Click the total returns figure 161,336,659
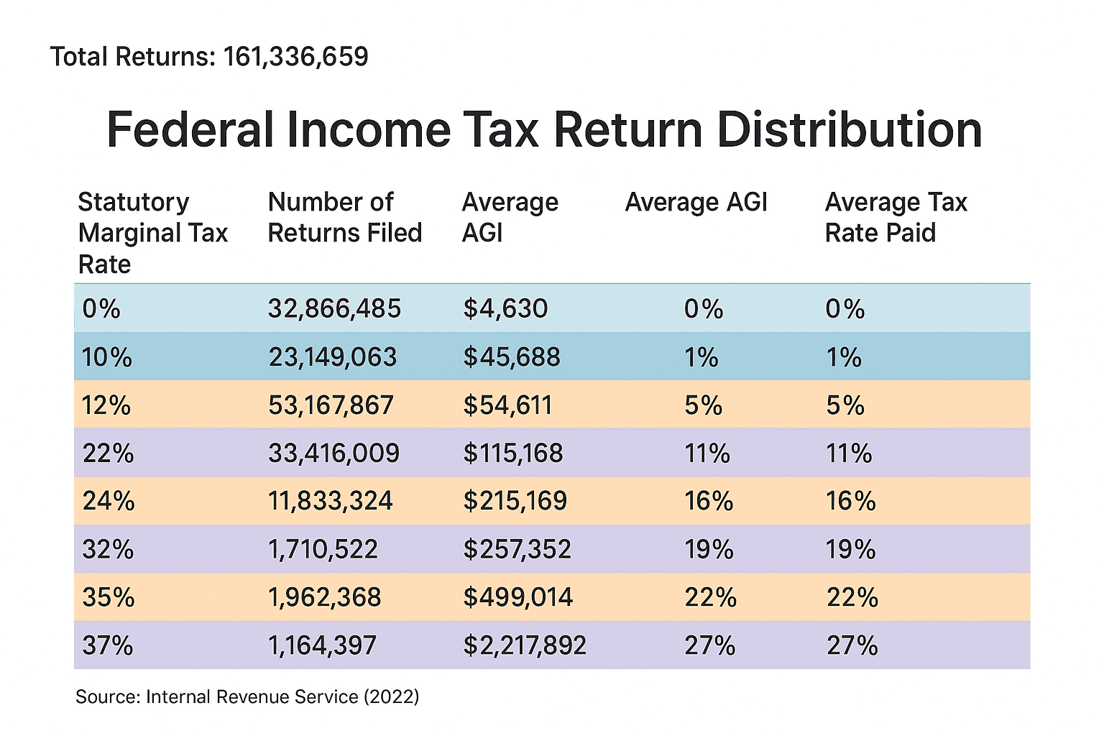[x=295, y=57]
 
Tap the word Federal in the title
[x=190, y=130]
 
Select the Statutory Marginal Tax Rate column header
[x=152, y=233]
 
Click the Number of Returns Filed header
[x=344, y=218]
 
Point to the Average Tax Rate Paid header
[x=896, y=218]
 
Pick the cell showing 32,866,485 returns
[x=334, y=309]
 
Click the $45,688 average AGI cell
[x=511, y=357]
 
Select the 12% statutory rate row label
[x=106, y=406]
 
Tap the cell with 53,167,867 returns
[x=331, y=405]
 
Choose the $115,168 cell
[x=512, y=454]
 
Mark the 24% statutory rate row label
[x=109, y=501]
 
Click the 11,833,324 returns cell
[x=330, y=501]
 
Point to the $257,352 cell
[x=517, y=550]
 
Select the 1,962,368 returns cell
[x=324, y=597]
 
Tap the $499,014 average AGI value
[x=517, y=597]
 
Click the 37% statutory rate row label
[x=108, y=646]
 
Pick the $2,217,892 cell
[x=524, y=646]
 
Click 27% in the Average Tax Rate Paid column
[x=852, y=646]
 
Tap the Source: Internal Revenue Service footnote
[x=247, y=696]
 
